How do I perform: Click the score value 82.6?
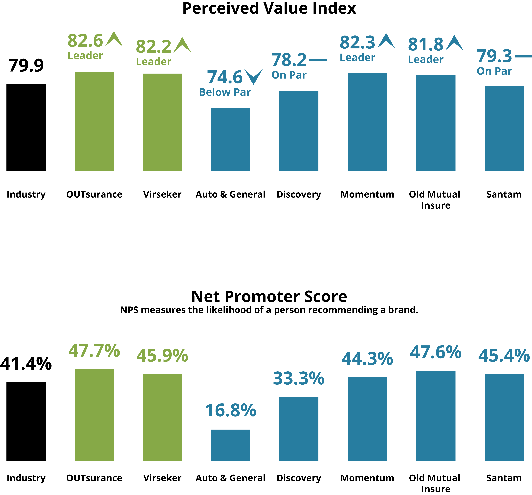click(85, 41)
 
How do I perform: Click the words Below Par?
click(225, 92)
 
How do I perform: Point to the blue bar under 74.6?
click(230, 139)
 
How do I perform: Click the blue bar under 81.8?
click(436, 123)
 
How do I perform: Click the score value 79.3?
click(494, 56)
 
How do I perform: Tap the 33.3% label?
click(299, 378)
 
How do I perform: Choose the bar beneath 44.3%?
click(367, 419)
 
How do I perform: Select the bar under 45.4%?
click(504, 417)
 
